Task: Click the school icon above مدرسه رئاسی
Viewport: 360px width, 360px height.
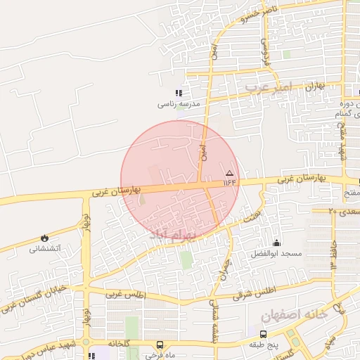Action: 179,93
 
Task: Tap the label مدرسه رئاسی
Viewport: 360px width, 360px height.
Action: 179,103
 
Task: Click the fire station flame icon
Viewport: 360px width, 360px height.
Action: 46,239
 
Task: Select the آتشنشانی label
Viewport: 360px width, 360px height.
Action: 45,249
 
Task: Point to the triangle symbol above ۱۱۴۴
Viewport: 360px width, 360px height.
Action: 229,172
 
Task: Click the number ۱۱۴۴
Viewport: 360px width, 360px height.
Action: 231,182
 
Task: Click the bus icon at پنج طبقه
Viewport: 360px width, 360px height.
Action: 263,334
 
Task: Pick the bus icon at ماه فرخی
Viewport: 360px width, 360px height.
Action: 160,345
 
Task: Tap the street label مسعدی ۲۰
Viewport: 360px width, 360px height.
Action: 345,210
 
